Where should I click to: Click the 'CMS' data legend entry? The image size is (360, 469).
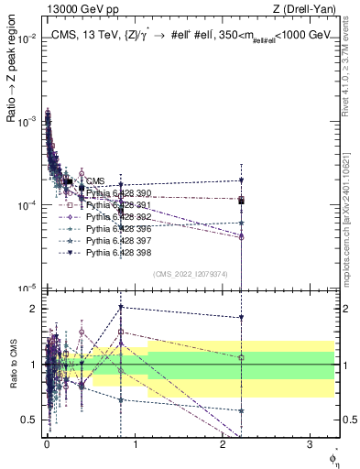(x=96, y=181)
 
